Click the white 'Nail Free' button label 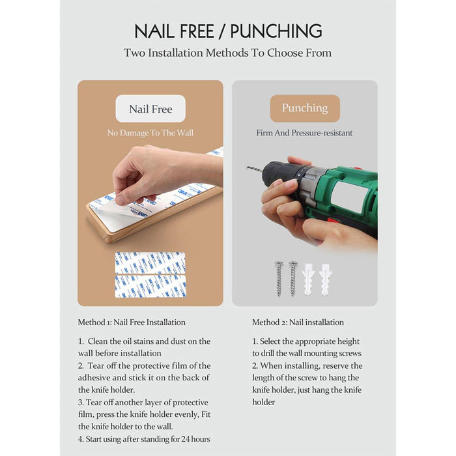150,109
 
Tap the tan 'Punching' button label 305,108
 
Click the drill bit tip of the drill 247,167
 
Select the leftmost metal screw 279,278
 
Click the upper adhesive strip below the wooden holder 150,263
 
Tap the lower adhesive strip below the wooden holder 150,287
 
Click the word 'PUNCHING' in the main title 276,31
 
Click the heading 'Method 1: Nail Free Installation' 132,322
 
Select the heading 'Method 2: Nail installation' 298,322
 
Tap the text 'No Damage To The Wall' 150,133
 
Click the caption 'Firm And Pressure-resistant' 304,133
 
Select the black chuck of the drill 279,179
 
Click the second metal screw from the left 292,278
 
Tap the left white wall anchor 308,279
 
